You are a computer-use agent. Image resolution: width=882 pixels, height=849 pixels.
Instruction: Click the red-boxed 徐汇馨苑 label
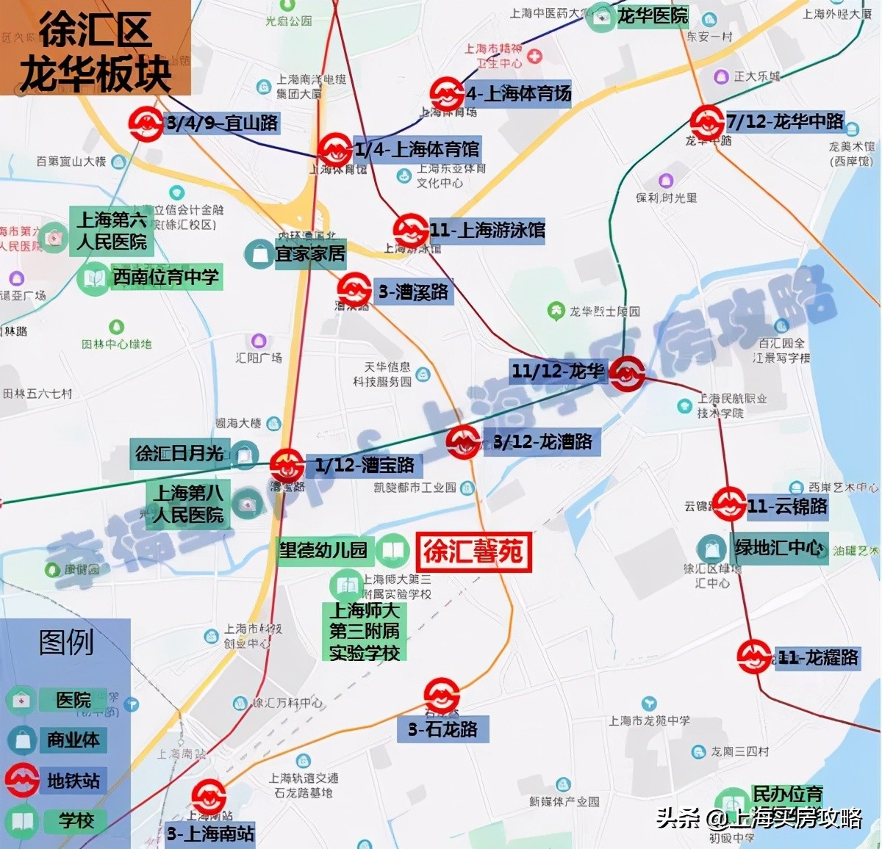click(473, 552)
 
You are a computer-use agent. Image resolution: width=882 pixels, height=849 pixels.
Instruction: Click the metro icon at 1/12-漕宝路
click(287, 465)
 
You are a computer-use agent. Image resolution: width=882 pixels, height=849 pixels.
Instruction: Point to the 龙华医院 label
click(652, 15)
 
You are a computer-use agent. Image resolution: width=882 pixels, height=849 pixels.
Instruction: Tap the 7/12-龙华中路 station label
click(785, 121)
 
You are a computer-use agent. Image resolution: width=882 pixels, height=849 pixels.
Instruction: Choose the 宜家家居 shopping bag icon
click(259, 254)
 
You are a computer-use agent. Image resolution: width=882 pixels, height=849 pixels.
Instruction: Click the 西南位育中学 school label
click(165, 277)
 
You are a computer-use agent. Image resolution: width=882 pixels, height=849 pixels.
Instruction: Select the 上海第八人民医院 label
click(188, 504)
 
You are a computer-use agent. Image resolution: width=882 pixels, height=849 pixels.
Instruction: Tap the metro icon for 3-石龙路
click(442, 696)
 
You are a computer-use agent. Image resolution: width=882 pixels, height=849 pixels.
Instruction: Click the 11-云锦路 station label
click(787, 506)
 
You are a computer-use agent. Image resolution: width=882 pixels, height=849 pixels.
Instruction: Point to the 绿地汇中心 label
click(779, 548)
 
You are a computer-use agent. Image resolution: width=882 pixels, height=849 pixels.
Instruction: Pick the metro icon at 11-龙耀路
click(754, 657)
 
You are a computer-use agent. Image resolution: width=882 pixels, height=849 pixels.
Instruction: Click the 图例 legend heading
click(66, 643)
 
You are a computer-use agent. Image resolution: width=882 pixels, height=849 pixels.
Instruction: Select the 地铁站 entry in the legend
click(73, 781)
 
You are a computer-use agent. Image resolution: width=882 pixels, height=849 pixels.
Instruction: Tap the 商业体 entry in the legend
click(73, 740)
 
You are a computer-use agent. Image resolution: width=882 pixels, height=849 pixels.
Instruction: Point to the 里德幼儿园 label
click(323, 550)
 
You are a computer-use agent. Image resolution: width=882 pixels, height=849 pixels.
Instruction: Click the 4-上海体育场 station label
click(518, 94)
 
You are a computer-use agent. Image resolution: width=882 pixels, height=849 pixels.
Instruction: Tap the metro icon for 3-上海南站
click(209, 798)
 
